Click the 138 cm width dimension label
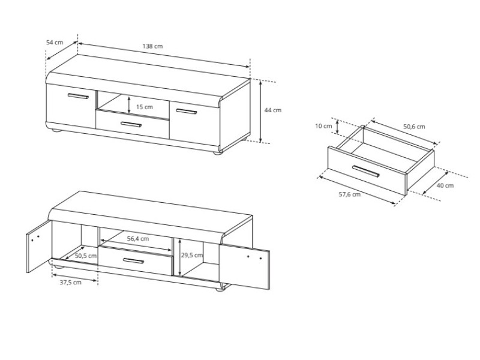[152, 46]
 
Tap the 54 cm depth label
[55, 42]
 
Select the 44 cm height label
[273, 110]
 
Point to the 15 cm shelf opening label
[145, 107]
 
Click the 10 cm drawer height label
[323, 126]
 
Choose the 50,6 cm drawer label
[414, 127]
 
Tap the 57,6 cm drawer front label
[349, 194]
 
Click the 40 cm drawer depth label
[445, 185]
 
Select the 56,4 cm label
[138, 238]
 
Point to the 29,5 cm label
[191, 255]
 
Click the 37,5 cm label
[70, 282]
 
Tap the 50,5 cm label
[86, 256]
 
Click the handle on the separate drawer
[366, 171]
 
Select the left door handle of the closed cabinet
[78, 96]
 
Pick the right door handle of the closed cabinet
[186, 112]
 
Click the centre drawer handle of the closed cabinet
[131, 124]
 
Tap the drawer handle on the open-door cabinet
[133, 261]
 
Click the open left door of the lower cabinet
[38, 247]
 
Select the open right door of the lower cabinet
[244, 266]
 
